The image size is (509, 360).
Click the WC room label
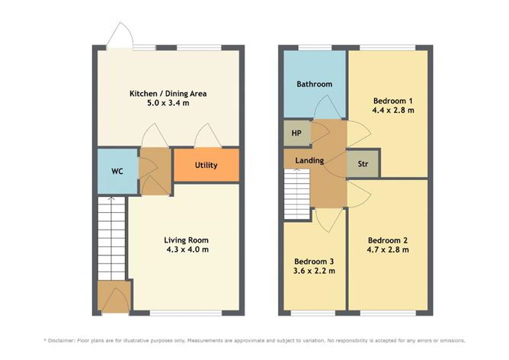[x=117, y=171]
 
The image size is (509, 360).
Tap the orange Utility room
[x=206, y=165]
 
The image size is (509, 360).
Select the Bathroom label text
[x=314, y=84]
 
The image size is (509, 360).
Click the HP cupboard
[x=296, y=133]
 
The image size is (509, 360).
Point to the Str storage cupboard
[x=363, y=164]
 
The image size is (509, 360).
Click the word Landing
[x=309, y=160]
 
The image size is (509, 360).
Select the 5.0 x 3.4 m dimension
[x=168, y=103]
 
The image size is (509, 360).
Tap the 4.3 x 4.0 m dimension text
[x=187, y=249]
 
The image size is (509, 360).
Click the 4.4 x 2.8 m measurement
[x=393, y=110]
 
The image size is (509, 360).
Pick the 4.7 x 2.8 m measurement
[x=388, y=250]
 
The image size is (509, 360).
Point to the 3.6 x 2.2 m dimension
[x=314, y=271]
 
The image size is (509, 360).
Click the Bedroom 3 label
[x=314, y=261]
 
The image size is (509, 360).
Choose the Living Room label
[x=186, y=240]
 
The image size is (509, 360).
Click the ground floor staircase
[x=111, y=238]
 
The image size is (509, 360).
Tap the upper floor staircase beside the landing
[x=297, y=194]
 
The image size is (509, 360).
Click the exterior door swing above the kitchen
[x=120, y=35]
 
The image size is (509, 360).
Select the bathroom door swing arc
[x=327, y=108]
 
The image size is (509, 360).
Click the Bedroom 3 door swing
[x=329, y=220]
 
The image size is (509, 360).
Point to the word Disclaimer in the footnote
[x=62, y=340]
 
